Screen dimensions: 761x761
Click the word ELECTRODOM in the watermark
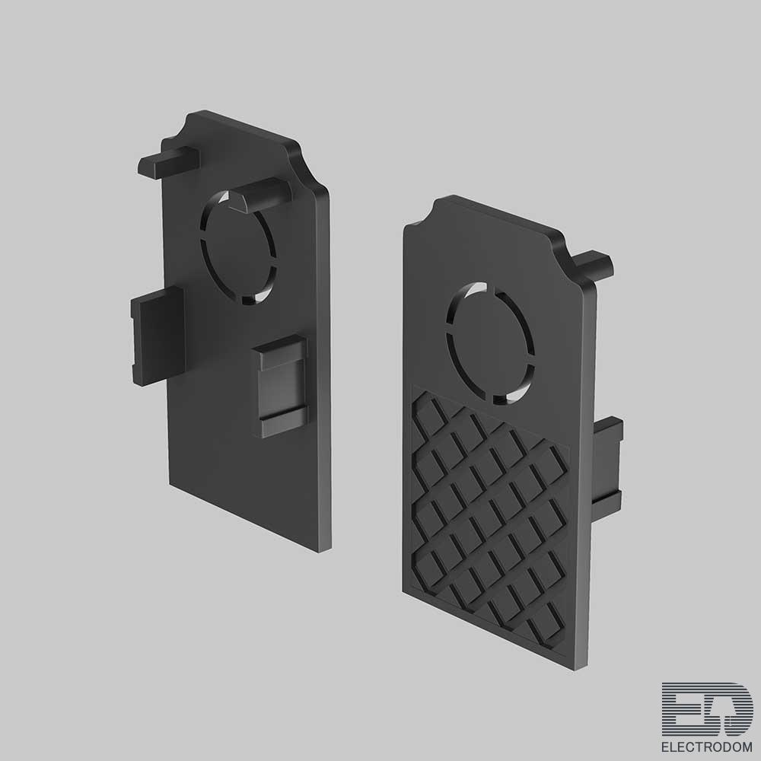pos(707,747)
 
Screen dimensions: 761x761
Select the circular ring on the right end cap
pos(490,343)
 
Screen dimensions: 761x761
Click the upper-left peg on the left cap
pos(168,162)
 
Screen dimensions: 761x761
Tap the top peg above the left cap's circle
pos(260,194)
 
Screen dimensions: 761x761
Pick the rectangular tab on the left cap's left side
pos(158,336)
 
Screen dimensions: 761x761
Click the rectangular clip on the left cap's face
pos(282,386)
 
